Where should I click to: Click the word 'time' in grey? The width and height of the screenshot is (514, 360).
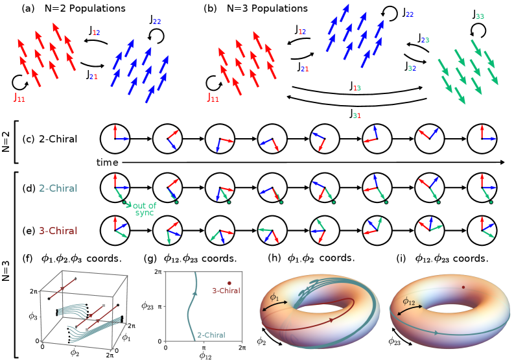click(108, 163)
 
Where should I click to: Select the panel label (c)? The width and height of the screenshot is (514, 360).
click(29, 139)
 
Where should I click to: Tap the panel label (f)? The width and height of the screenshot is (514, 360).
click(27, 258)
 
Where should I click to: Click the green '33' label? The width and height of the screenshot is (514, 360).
click(480, 17)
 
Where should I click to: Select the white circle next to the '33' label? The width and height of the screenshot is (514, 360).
click(478, 30)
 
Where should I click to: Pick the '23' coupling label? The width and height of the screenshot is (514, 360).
click(425, 40)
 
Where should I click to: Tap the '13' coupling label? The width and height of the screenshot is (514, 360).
click(357, 88)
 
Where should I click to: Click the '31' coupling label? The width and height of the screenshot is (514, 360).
click(356, 115)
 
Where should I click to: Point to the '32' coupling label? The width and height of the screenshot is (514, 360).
click(412, 68)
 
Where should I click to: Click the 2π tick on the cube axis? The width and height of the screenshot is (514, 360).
click(33, 292)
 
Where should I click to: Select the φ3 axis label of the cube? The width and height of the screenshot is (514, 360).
click(32, 317)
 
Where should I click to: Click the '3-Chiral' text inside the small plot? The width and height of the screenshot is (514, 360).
click(226, 291)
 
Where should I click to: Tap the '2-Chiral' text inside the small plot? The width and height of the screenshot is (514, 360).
click(211, 335)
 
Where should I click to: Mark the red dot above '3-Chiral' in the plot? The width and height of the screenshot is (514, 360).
click(229, 283)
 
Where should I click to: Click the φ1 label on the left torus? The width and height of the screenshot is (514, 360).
click(274, 297)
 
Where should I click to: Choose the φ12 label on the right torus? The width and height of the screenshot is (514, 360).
click(409, 301)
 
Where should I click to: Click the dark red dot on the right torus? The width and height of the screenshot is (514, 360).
click(463, 287)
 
